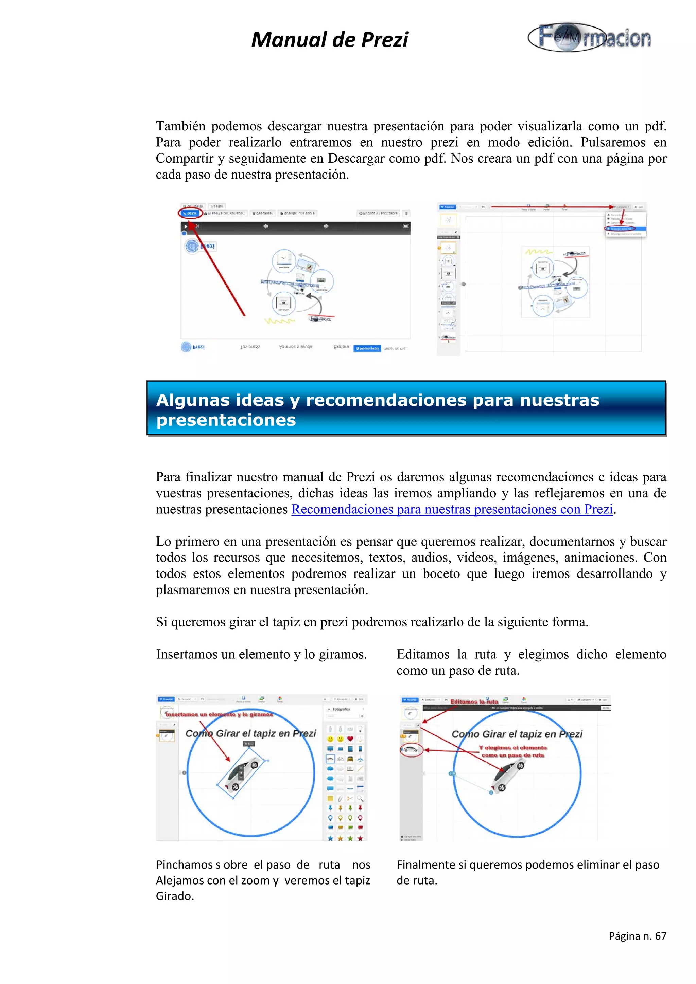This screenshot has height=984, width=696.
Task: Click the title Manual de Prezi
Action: pos(329,40)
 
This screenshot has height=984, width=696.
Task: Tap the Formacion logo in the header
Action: pos(589,37)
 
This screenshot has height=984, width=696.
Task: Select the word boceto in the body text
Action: pos(441,574)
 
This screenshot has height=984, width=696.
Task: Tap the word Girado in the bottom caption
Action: pos(175,896)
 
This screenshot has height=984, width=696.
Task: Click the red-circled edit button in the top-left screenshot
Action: pos(190,213)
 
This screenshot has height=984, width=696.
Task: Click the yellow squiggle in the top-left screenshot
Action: pos(279,321)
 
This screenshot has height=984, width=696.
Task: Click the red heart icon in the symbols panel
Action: pos(350,739)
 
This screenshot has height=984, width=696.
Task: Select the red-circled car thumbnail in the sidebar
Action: pos(411,750)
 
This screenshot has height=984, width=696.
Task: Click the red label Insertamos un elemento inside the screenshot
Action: pos(219,714)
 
